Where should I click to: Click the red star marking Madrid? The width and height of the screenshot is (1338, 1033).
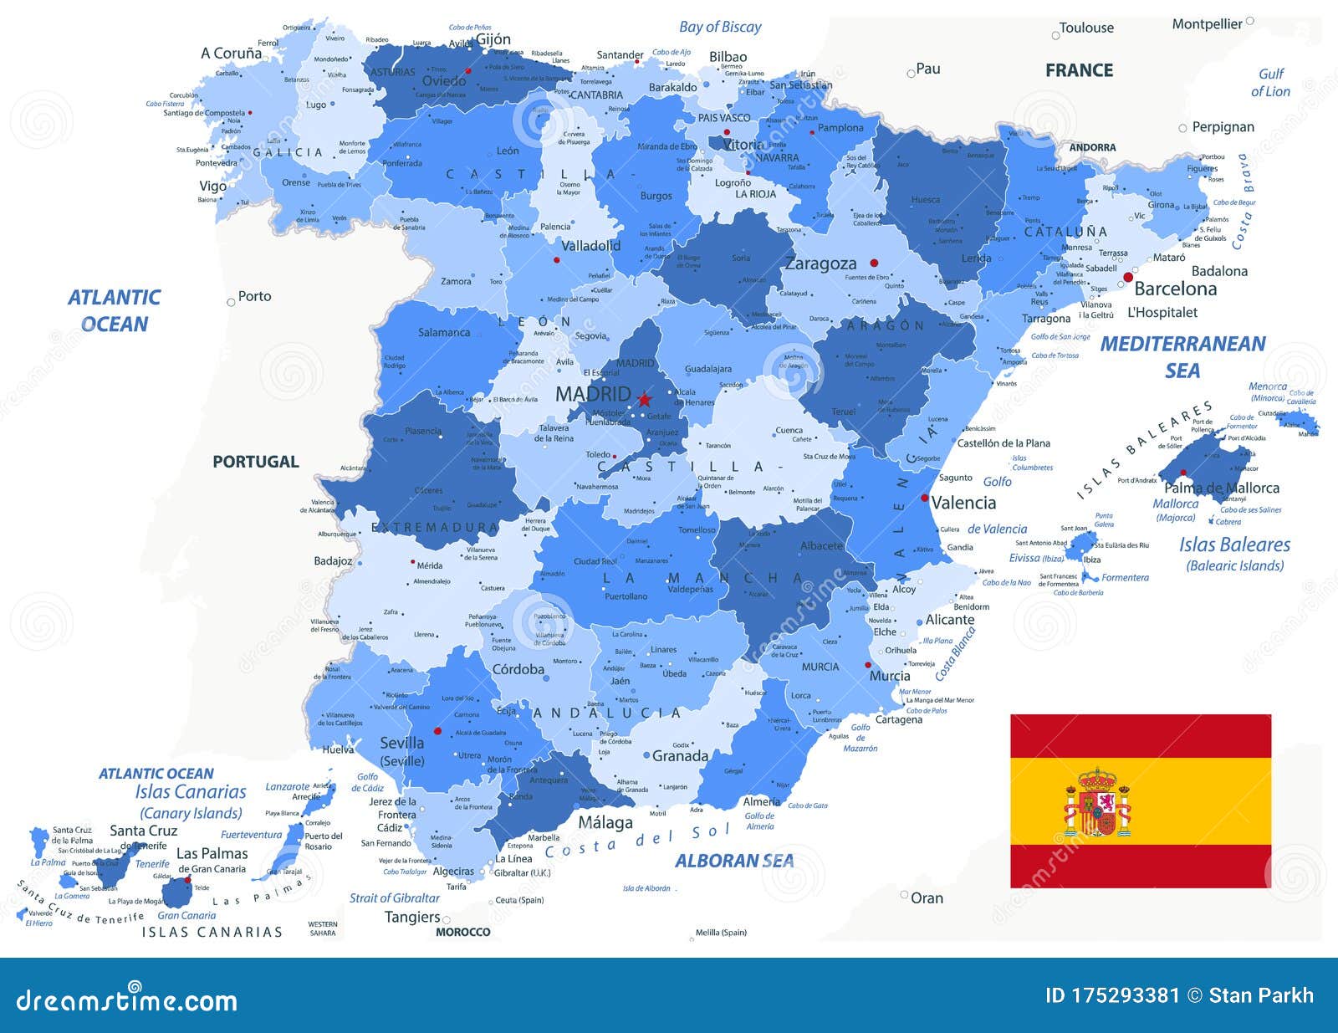(644, 399)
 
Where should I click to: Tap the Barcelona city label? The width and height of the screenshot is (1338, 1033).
(1175, 289)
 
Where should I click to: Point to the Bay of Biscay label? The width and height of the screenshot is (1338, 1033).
(720, 27)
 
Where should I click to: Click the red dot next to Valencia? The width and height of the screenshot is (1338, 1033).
(924, 498)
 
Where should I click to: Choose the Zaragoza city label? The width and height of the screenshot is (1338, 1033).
(820, 264)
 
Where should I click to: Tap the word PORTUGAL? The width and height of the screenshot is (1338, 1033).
(255, 462)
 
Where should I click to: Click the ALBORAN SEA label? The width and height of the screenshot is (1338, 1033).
(734, 861)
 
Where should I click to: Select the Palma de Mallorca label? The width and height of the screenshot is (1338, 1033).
(1221, 488)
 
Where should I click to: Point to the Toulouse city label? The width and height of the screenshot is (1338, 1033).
(1085, 28)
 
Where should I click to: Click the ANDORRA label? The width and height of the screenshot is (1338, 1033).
(1092, 147)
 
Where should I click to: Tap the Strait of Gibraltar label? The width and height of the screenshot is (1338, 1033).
(394, 897)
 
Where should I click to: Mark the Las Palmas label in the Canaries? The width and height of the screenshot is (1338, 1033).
(212, 853)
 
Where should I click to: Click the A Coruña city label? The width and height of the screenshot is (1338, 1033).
(231, 53)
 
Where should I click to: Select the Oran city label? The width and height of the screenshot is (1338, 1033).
(926, 897)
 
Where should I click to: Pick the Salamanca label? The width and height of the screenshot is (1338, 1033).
(444, 332)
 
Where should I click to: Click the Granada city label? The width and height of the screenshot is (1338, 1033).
(679, 756)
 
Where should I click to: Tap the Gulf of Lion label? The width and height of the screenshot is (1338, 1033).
(1270, 83)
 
